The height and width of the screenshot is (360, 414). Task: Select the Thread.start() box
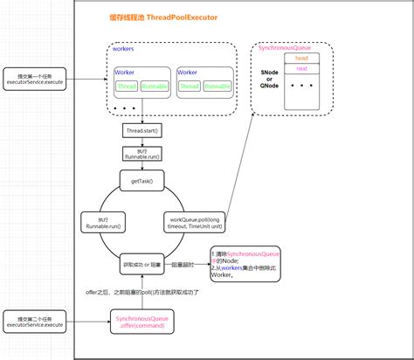[141, 130]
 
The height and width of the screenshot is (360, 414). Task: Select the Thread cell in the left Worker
[128, 86]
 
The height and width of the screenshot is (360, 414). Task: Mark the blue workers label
[123, 49]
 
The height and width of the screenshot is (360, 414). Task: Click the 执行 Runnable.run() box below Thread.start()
[141, 154]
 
